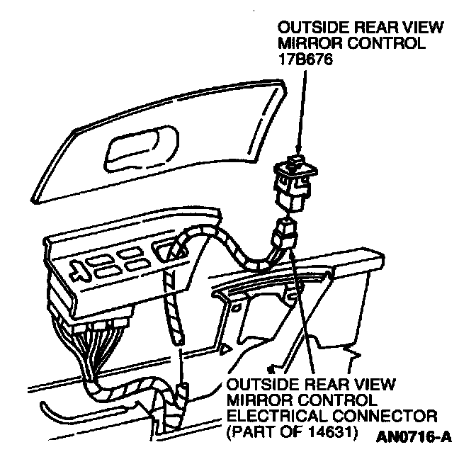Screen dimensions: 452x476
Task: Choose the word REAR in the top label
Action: click(x=366, y=28)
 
